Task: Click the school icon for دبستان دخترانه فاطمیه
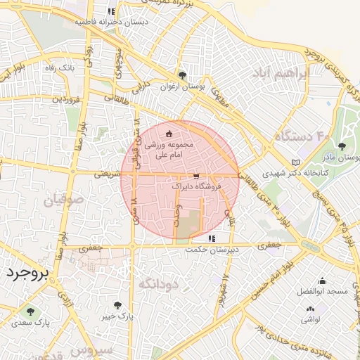[x=111, y=11]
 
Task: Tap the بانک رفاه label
[x=79, y=68]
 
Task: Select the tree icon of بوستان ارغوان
[x=182, y=75]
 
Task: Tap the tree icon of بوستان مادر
[x=342, y=146]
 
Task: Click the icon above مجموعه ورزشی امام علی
[x=168, y=133]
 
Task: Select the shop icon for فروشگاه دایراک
[x=195, y=176]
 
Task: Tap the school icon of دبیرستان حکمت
[x=212, y=238]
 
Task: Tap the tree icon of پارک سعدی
[x=30, y=310]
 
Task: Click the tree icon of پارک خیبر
[x=117, y=305]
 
